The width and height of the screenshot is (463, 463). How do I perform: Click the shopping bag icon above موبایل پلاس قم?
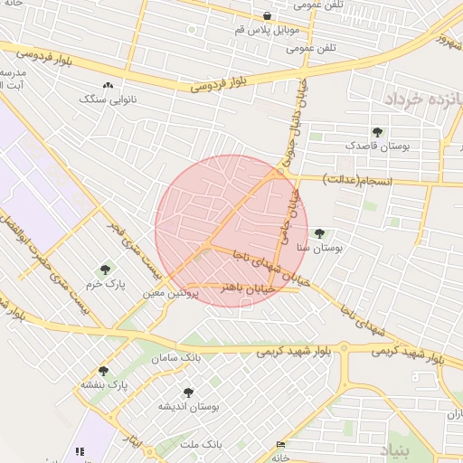click(267, 15)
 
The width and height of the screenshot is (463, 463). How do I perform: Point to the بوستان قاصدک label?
click(377, 145)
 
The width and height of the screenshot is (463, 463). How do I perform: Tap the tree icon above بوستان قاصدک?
click(377, 132)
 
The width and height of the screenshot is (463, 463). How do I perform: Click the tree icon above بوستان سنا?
click(318, 233)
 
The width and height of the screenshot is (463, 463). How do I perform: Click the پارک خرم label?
click(106, 284)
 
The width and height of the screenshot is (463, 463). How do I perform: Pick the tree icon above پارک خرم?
click(106, 270)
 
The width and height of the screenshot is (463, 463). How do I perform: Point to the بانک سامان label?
click(175, 359)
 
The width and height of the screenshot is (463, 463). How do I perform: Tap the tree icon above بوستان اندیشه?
click(187, 392)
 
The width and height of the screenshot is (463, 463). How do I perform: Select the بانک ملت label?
click(201, 444)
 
